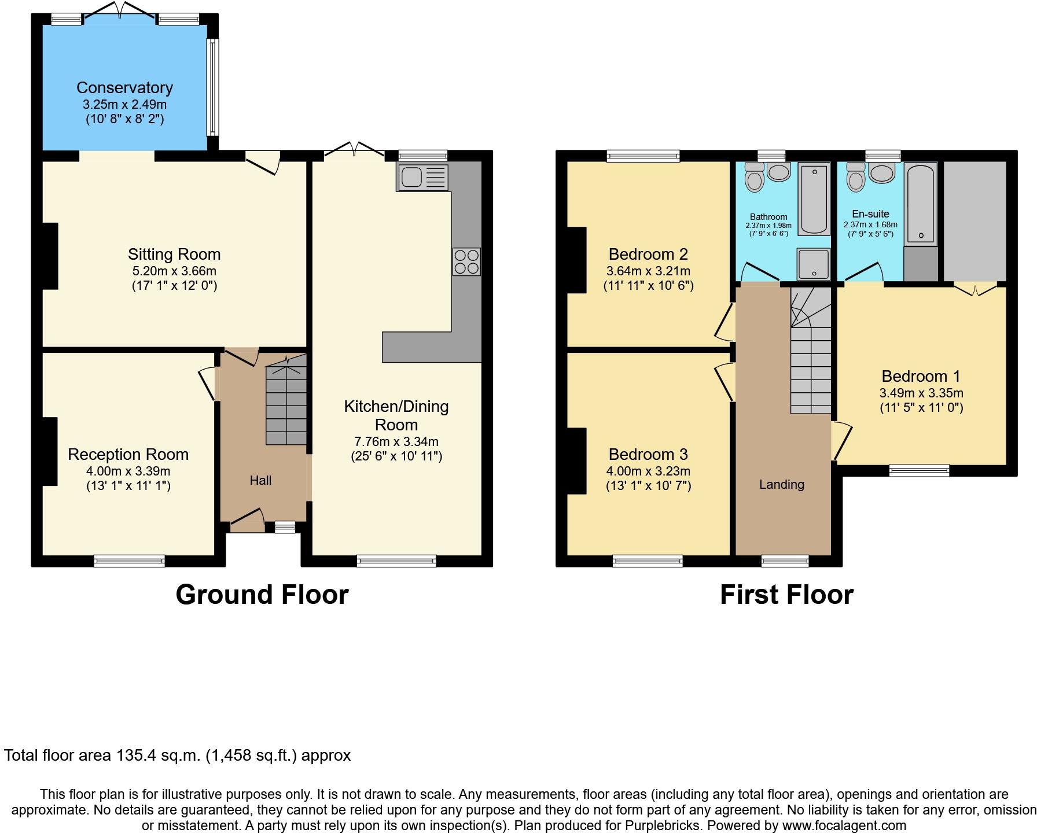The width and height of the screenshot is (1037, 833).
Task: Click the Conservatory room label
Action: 124,87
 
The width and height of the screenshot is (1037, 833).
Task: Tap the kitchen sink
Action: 422,178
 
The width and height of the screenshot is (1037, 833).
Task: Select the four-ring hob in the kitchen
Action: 466,261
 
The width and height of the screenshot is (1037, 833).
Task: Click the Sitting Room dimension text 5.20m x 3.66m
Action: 174,271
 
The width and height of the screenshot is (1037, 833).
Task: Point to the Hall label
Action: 260,480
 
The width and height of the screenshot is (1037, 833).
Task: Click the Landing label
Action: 782,485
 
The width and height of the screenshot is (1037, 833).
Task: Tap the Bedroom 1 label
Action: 921,376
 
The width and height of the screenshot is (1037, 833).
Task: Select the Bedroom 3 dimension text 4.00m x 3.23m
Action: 648,471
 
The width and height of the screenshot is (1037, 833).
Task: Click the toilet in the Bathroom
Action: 755,177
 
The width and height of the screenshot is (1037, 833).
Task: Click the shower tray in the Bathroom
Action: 814,264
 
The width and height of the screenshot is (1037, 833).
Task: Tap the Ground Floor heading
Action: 262,595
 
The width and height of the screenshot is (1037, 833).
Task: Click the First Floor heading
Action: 786,595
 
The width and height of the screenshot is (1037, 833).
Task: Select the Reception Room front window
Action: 130,561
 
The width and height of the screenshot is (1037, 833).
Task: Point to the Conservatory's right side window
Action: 213,87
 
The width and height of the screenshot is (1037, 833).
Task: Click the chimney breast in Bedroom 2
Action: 577,260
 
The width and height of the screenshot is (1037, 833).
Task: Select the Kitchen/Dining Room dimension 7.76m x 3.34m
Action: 396,441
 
